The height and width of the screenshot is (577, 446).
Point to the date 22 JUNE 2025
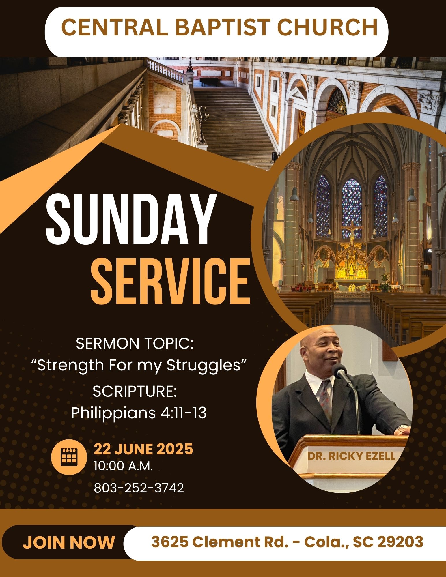click(143, 449)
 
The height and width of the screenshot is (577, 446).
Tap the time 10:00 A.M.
click(123, 466)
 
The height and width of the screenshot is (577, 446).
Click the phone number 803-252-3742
click(139, 488)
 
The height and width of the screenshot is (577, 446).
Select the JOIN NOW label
click(69, 543)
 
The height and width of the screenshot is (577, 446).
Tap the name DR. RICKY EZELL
click(351, 456)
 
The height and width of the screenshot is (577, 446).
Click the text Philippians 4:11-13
click(139, 413)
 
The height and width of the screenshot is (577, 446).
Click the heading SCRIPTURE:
click(135, 391)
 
